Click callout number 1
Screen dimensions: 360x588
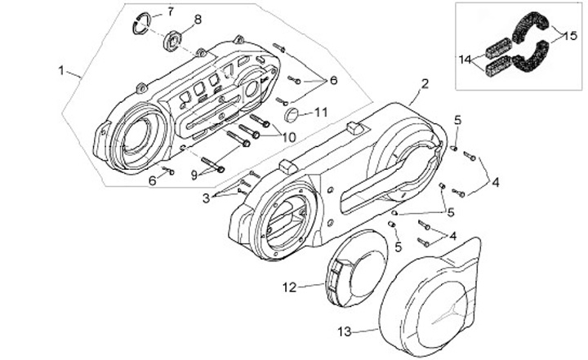coord(62,70)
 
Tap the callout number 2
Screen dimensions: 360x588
coord(425,84)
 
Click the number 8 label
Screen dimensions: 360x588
coord(198,18)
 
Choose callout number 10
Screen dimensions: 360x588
coord(288,136)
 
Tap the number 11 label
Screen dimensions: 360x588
coord(321,111)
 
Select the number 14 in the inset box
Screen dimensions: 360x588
coord(465,59)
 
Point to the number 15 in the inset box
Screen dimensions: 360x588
coord(571,35)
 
